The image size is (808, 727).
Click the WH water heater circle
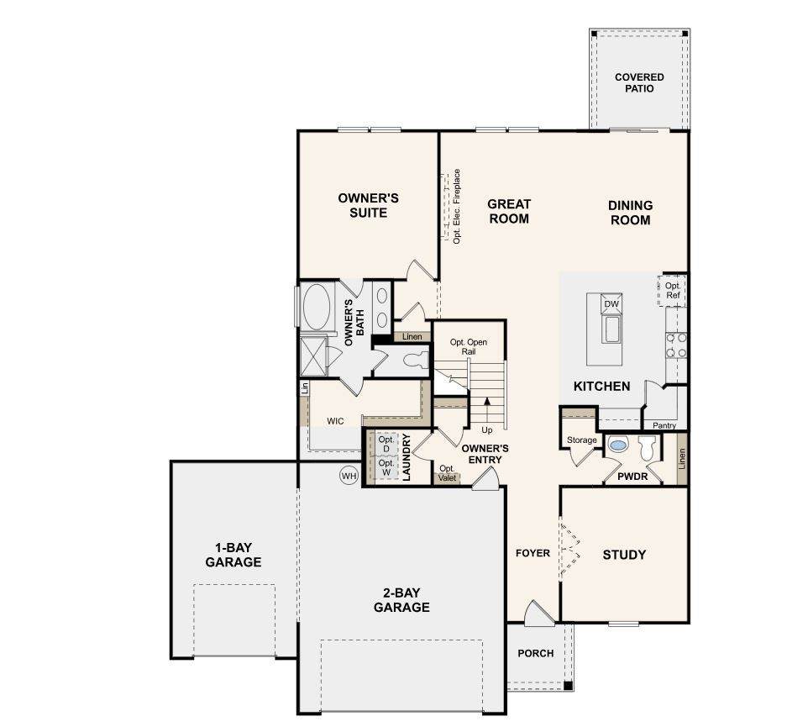[x=349, y=476]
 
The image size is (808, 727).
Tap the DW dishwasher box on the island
[x=611, y=303]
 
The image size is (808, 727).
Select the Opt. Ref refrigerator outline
[x=672, y=291]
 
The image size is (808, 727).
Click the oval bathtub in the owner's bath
[x=317, y=307]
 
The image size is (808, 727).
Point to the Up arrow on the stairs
[x=487, y=409]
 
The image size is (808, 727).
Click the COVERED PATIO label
[x=639, y=82]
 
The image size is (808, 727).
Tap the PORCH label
[x=535, y=653]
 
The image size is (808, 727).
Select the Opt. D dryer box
[x=386, y=444]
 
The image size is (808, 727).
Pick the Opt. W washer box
[x=386, y=468]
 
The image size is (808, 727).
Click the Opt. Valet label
[x=447, y=473]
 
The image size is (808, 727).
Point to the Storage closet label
[x=582, y=440]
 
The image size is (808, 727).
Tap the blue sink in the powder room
[x=617, y=445]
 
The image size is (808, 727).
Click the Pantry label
[x=664, y=425]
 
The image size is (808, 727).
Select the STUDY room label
[x=624, y=555]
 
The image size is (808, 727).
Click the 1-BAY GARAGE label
[x=233, y=555]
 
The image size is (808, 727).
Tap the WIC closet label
[x=335, y=421]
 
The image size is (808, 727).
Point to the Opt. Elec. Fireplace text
[x=457, y=206]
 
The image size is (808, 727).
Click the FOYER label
[x=533, y=553]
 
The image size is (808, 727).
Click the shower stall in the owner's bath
[x=314, y=356]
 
